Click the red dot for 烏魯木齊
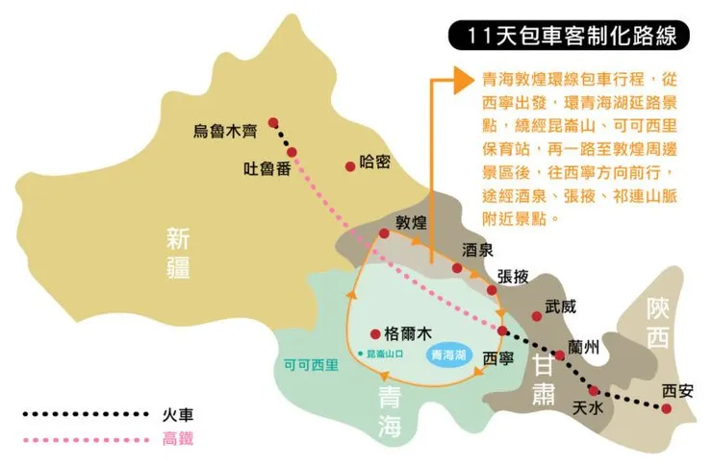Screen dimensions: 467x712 273,122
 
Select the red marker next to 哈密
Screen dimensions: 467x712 350,165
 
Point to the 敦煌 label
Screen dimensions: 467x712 411,222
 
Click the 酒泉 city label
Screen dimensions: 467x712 477,249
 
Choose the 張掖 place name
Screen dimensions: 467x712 514,276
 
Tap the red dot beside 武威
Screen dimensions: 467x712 536,316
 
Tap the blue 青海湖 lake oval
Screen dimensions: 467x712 449,354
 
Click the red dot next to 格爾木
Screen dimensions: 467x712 374,334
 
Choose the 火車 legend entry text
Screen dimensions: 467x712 180,414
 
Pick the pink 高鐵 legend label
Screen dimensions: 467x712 180,441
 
